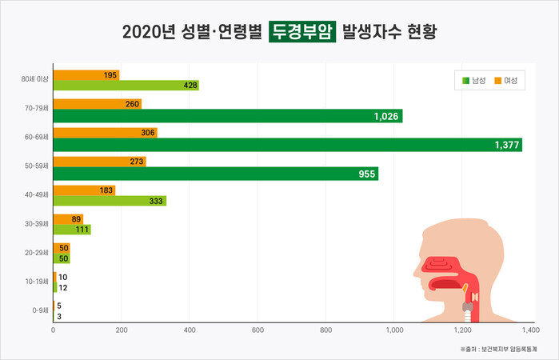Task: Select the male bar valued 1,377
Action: pos(287,145)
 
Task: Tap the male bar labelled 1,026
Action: pos(227,116)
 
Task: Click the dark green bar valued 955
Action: pos(215,174)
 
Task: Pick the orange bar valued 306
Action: pos(105,132)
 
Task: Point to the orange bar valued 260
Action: pos(97,103)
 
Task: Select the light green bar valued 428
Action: pos(126,86)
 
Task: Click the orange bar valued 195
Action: pos(86,74)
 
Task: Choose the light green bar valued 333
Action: pos(110,202)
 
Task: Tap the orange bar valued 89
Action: pos(68,219)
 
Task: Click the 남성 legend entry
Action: pos(473,81)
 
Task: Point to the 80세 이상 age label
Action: pos(35,79)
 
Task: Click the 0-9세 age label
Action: pos(38,310)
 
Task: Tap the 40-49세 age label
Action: pos(37,195)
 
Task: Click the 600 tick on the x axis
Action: pos(258,330)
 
